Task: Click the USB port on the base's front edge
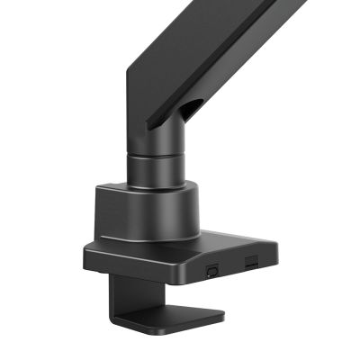coord(213,269)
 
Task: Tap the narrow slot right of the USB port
coord(250,263)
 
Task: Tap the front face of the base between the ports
coord(231,266)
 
